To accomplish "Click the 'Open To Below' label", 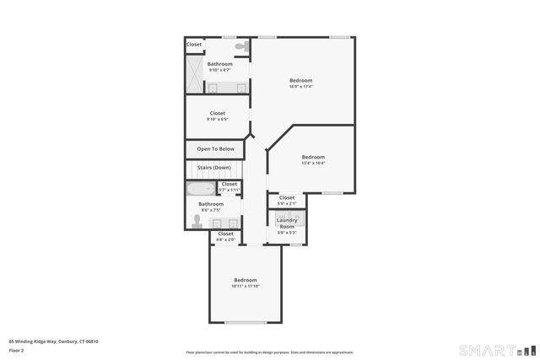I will [x=216, y=149].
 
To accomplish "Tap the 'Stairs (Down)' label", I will [x=214, y=168].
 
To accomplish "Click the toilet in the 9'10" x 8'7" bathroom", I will [x=240, y=46].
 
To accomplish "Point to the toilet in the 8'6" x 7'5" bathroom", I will [x=197, y=221].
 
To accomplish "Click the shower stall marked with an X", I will [x=196, y=76].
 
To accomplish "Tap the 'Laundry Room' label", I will [x=287, y=223].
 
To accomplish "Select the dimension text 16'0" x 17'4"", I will [x=301, y=87].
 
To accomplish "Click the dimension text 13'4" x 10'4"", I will [x=313, y=163].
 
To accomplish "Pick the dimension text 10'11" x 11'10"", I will [x=246, y=287].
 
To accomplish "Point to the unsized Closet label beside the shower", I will [x=194, y=44].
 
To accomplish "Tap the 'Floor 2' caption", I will [x=17, y=350].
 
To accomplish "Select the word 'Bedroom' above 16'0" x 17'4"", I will [x=301, y=80].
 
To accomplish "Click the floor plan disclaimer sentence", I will [x=270, y=352].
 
